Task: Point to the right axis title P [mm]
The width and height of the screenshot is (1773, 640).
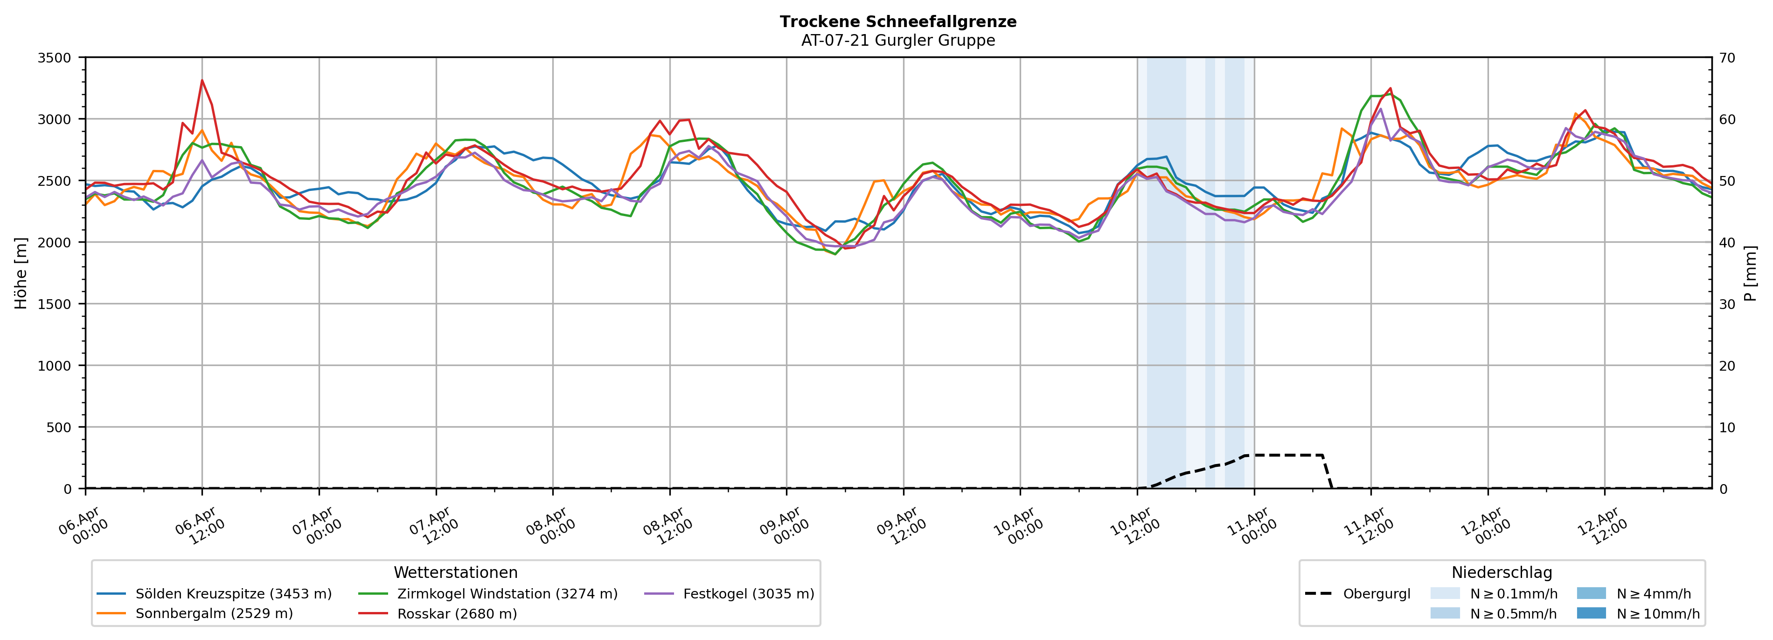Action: (1751, 273)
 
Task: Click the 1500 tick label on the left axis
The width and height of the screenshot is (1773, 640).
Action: (54, 304)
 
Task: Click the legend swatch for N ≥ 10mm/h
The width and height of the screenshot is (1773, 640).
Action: (1591, 613)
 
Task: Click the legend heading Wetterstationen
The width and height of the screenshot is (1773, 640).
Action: (456, 572)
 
